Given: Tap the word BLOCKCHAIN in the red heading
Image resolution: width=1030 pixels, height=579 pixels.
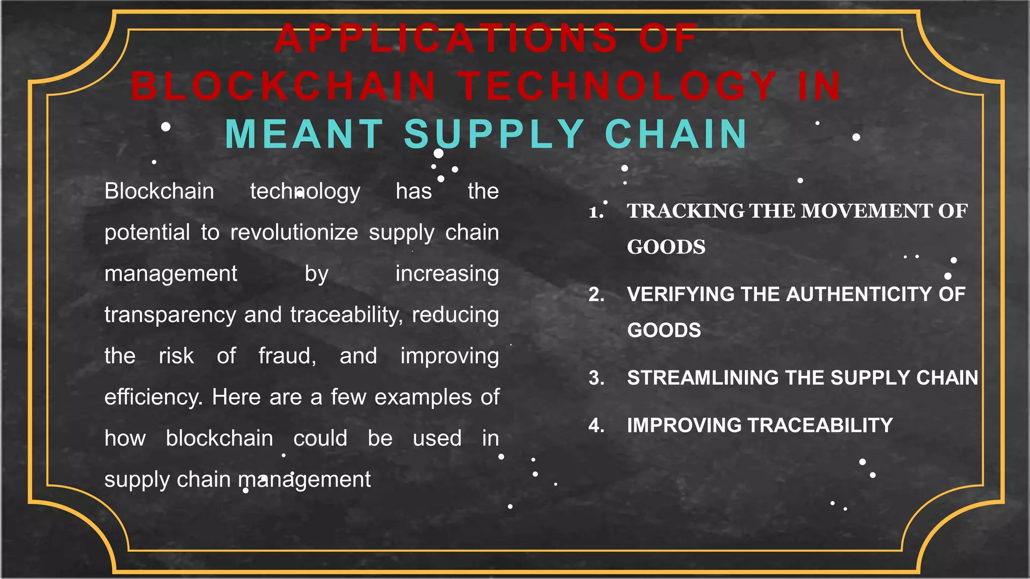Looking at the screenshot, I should (x=283, y=86).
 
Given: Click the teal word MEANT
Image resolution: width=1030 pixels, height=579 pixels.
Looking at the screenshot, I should (x=305, y=134).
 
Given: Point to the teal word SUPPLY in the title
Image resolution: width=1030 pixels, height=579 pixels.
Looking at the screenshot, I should (x=494, y=134).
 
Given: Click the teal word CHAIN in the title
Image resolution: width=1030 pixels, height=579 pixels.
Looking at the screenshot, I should (x=676, y=134).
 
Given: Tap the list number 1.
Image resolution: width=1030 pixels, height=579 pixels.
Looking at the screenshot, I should (x=596, y=212).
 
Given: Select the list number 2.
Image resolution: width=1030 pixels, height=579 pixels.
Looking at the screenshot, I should (x=596, y=295).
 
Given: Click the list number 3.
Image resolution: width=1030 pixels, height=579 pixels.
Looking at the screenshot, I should (x=596, y=378).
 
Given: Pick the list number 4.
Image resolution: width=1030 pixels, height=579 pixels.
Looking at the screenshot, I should (x=596, y=426).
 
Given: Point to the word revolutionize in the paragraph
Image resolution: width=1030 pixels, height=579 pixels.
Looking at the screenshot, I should (x=294, y=232).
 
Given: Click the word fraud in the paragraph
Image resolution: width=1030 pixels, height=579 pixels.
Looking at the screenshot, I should (x=287, y=356).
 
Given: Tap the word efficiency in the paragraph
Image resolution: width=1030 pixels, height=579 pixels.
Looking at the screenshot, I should (x=153, y=398).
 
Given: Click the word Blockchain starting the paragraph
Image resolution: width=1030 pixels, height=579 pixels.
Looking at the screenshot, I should (x=159, y=191).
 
